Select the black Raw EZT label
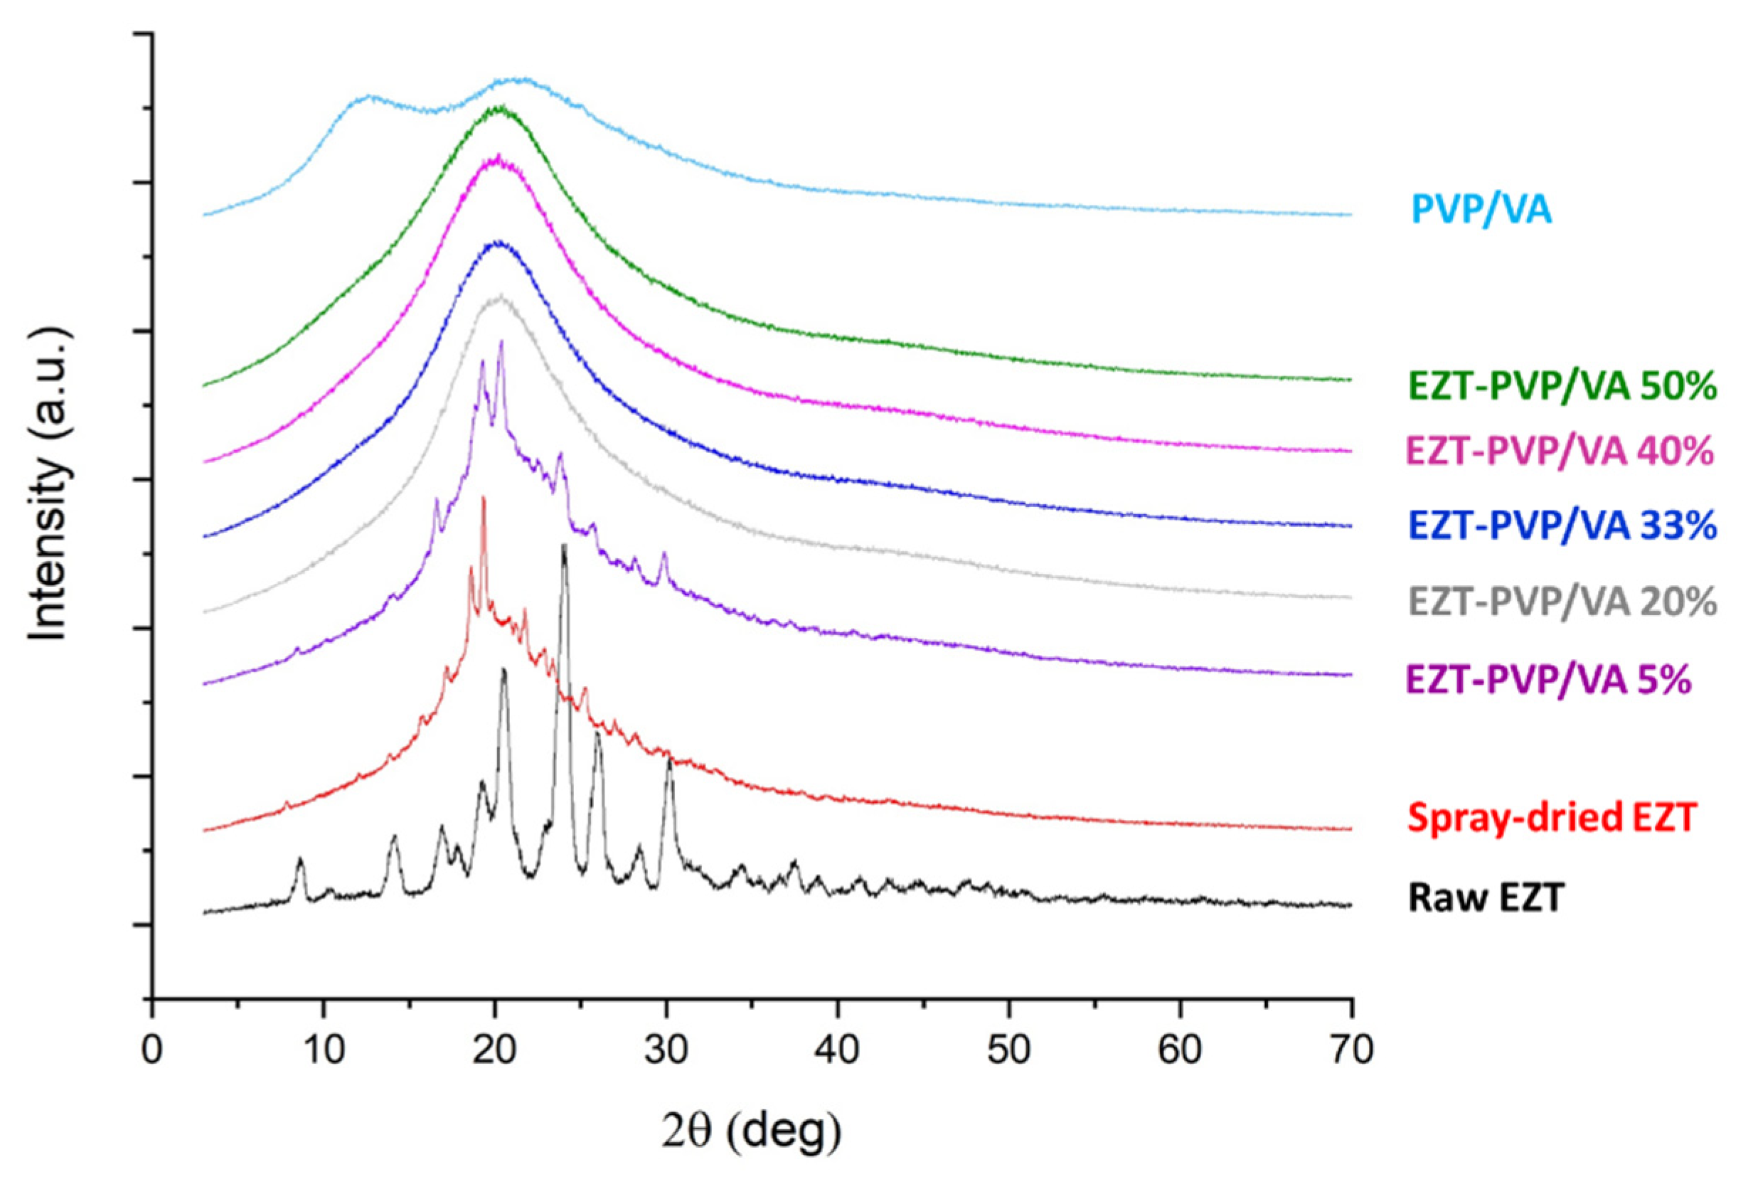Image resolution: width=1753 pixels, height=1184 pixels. [1485, 897]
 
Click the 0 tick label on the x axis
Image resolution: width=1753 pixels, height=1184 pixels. [152, 1051]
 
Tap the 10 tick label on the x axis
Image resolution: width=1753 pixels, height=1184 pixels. [324, 1051]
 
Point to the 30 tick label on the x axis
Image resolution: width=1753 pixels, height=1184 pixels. [666, 1051]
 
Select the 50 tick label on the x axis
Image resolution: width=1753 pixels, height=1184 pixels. [1009, 1051]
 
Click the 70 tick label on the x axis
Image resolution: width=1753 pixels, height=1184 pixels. [1351, 1051]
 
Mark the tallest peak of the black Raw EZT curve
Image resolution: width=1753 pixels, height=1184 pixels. [563, 546]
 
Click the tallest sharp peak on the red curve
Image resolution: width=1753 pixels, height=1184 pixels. [483, 498]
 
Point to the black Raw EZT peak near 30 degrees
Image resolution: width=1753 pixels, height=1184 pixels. [669, 759]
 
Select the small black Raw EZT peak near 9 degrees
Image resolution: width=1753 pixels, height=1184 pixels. [300, 859]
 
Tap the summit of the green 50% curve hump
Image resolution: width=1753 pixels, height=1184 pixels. [499, 108]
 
